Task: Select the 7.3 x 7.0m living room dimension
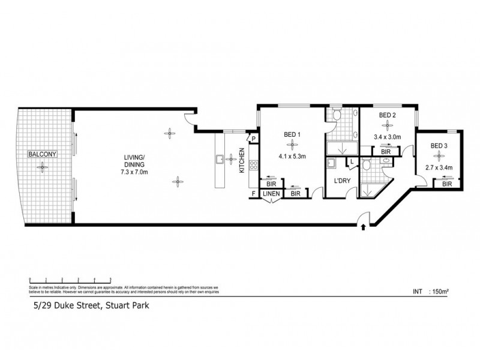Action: pos(134,172)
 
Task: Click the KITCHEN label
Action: pos(242,161)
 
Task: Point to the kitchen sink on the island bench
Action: pos(220,159)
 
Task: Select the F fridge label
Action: pos(254,193)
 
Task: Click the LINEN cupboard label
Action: pos(271,193)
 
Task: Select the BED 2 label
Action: pos(388,114)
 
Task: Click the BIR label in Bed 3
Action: pos(447,184)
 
